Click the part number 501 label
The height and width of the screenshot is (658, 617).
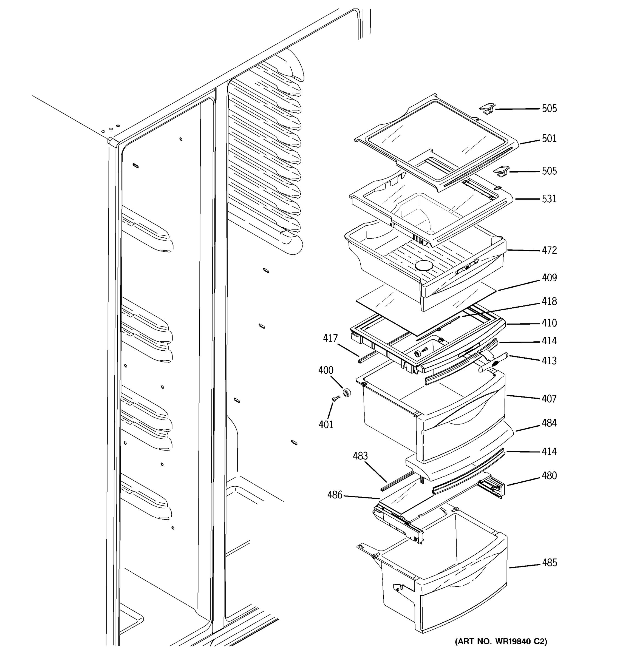point(549,138)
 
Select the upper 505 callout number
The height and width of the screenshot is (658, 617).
point(549,109)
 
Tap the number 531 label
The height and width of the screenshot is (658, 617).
point(549,199)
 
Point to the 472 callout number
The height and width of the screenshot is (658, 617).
point(549,250)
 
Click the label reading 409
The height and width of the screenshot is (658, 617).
point(549,278)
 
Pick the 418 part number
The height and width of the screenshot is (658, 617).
point(549,302)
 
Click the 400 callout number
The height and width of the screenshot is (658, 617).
point(326,370)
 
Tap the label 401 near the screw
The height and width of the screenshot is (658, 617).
point(326,424)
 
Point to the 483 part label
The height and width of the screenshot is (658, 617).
point(360,456)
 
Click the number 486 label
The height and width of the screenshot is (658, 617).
point(335,495)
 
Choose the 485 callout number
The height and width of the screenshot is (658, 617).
point(549,563)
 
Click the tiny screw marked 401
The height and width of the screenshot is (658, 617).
point(336,399)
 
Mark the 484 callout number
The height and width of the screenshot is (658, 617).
point(549,423)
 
